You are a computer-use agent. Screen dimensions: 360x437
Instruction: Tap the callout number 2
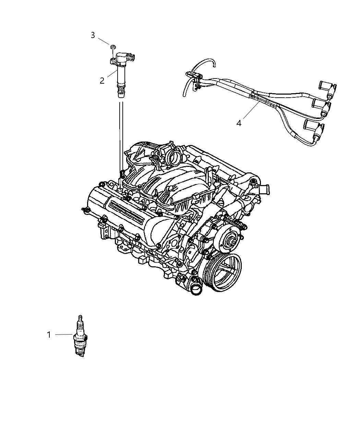point(102,81)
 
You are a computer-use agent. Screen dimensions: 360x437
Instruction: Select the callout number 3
point(93,35)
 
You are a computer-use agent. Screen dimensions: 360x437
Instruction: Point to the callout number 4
point(239,123)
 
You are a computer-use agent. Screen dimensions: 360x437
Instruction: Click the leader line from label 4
point(251,110)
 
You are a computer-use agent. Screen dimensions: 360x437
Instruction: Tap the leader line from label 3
point(104,41)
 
